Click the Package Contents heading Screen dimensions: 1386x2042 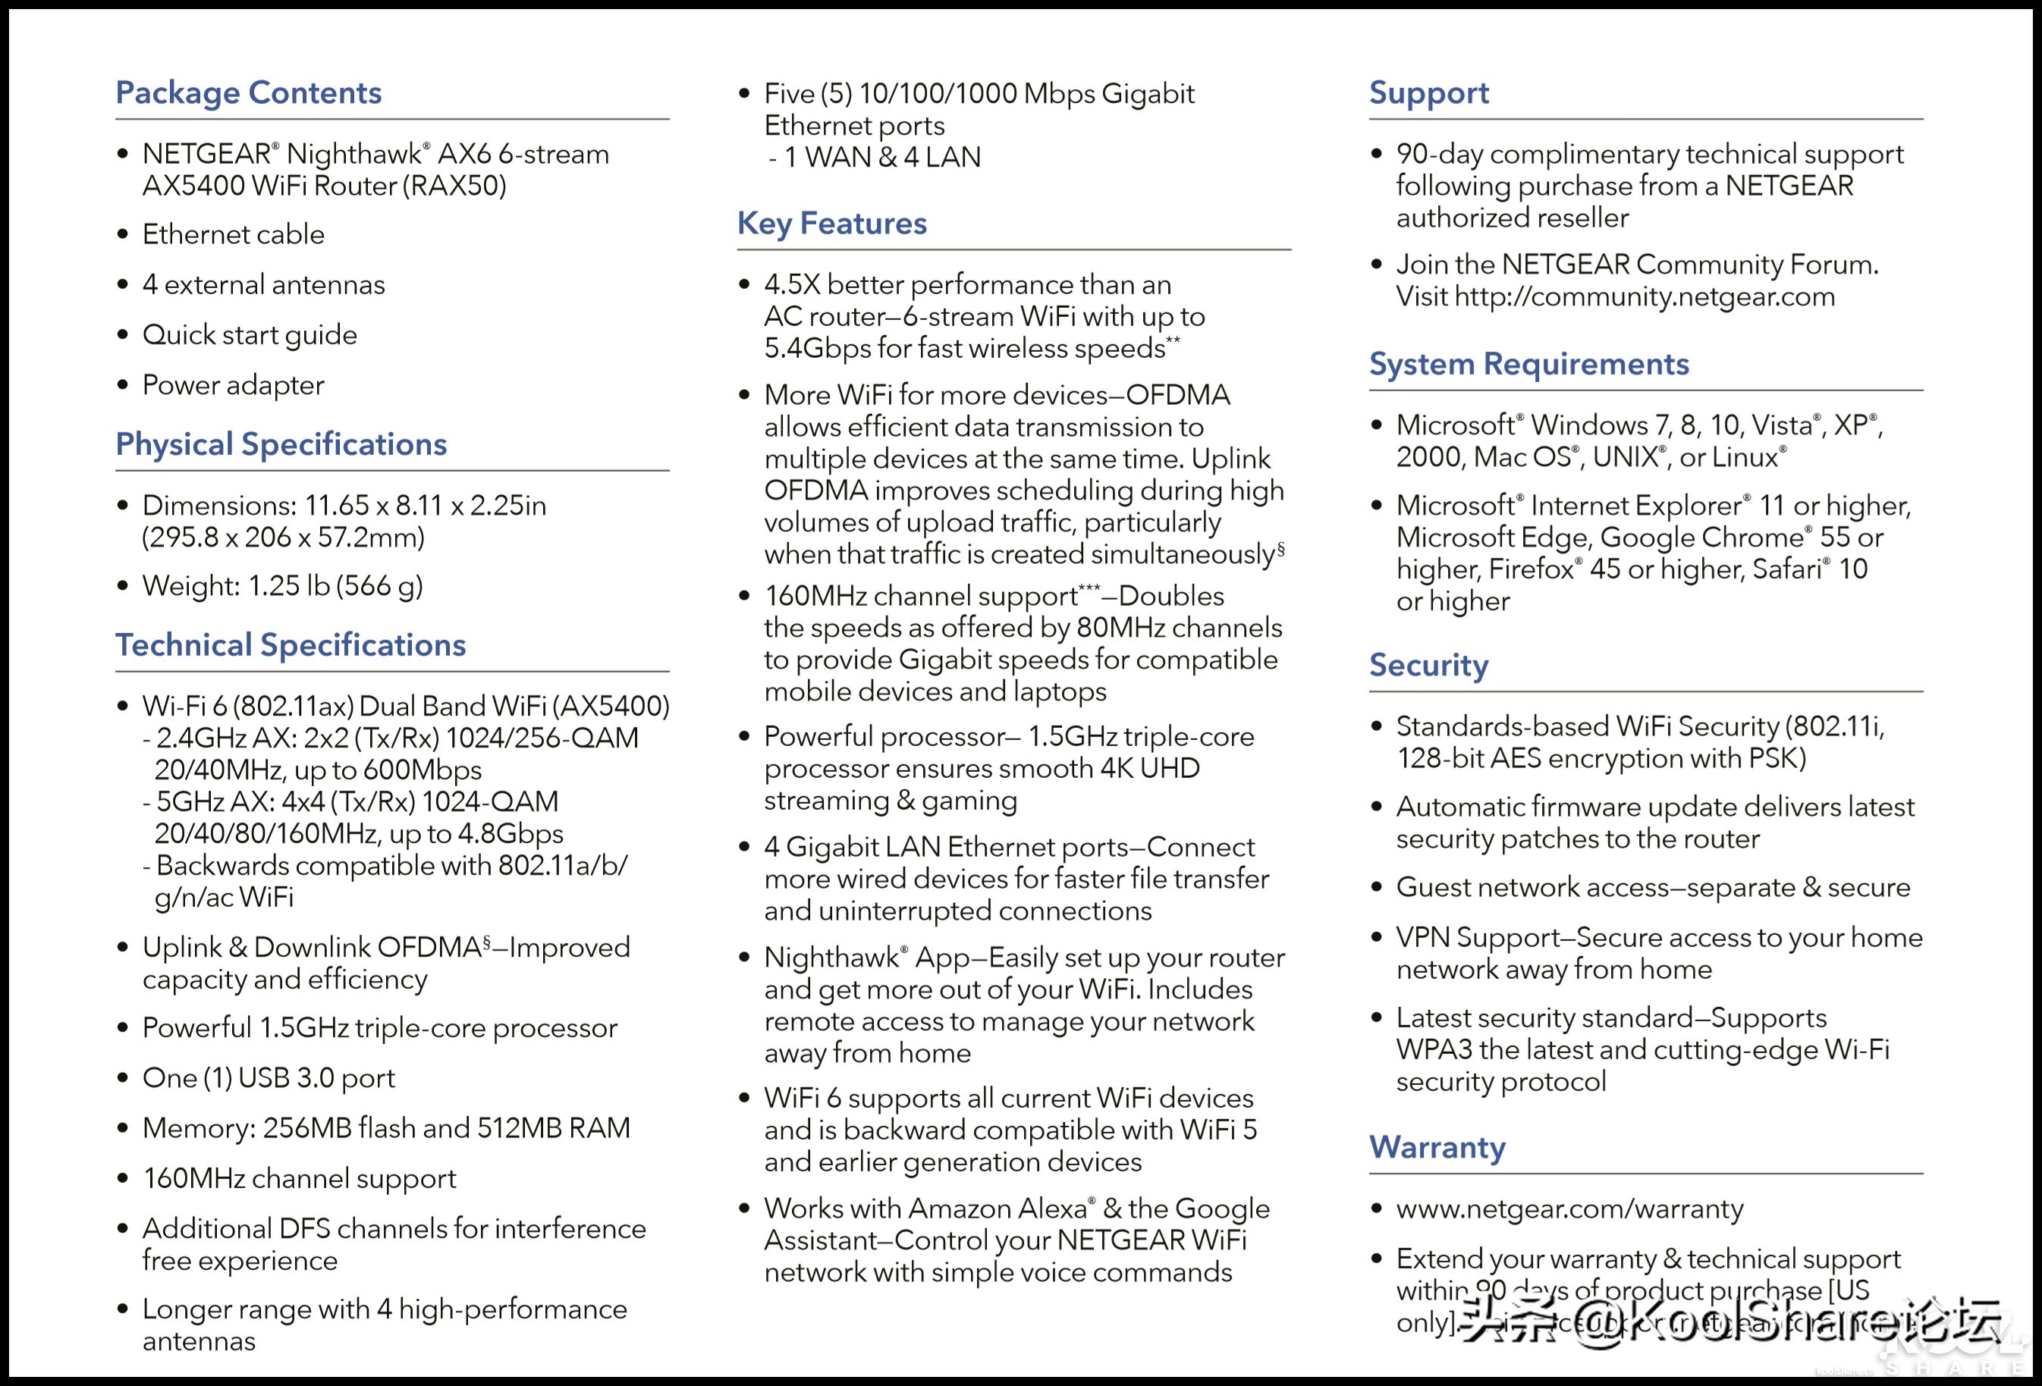pos(249,93)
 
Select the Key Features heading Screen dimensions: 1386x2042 pos(831,224)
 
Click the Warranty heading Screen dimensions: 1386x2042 pos(1437,1148)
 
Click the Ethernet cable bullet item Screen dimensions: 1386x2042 pos(233,234)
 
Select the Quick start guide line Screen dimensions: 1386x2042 pos(250,334)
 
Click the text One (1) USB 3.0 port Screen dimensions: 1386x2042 pos(268,1077)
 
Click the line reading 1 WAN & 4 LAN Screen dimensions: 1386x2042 pos(881,157)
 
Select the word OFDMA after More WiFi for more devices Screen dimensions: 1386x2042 pos(1177,395)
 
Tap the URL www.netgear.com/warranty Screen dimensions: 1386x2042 pos(1569,1209)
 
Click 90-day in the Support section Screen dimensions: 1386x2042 pos(1438,155)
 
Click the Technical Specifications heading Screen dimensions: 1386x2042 pos(290,645)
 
